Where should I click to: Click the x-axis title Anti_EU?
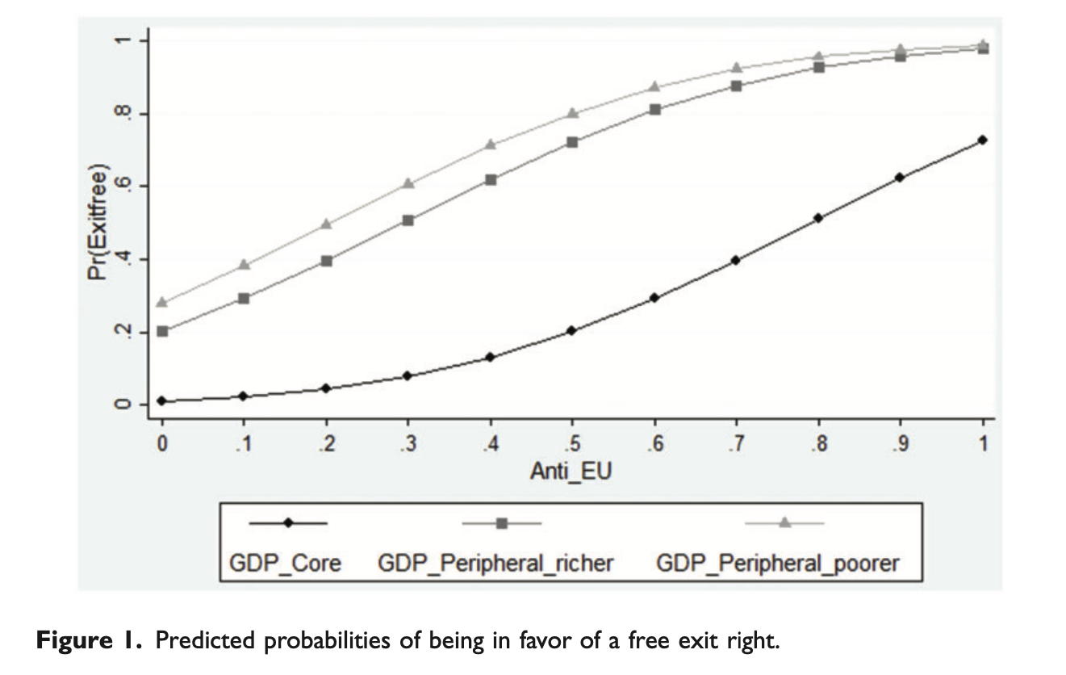click(571, 471)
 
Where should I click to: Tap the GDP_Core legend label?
click(286, 562)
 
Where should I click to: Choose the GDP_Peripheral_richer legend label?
click(495, 562)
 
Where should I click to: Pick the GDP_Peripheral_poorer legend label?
click(777, 562)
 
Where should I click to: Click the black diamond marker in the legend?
click(288, 523)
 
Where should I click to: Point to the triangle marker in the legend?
click(783, 523)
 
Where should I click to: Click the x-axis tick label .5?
click(571, 442)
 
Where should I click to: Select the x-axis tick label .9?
click(900, 442)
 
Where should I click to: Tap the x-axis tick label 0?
click(162, 442)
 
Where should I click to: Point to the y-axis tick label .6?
click(122, 187)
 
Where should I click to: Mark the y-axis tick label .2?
click(122, 332)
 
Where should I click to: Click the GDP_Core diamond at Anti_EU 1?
click(982, 140)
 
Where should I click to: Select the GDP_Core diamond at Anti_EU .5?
click(571, 330)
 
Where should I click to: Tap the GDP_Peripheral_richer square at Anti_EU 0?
click(162, 331)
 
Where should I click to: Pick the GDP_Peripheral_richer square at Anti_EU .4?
click(490, 179)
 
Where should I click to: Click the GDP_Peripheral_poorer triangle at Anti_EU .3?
click(408, 183)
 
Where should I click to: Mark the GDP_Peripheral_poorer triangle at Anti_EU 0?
click(162, 302)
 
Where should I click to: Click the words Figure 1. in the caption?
click(90, 643)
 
